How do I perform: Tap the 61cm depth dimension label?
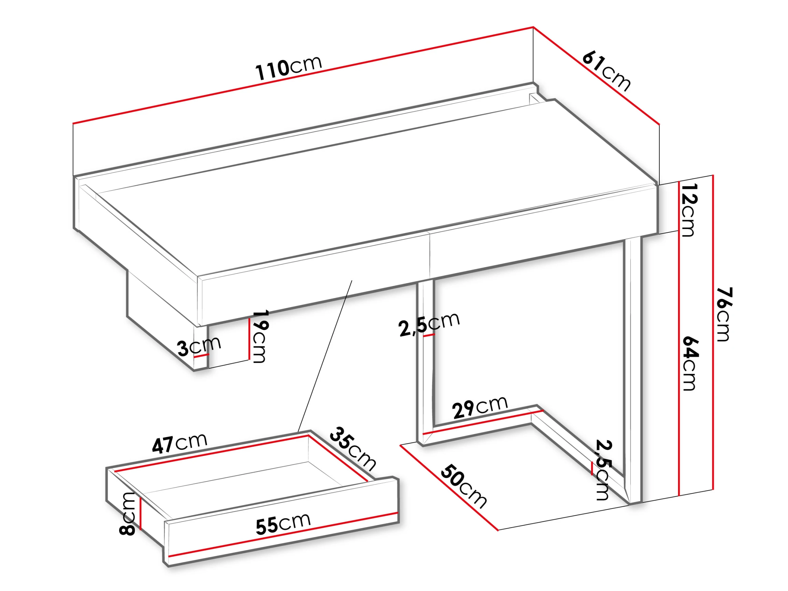point(606,71)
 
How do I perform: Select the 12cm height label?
point(688,210)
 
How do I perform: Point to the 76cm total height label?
point(723,314)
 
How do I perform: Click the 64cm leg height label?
point(690,363)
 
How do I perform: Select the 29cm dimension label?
point(480,406)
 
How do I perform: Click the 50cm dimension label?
point(463,486)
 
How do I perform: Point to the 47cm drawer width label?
point(180,443)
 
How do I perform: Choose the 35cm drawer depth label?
point(352,448)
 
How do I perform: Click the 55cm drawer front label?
point(283,524)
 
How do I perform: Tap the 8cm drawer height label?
point(127,513)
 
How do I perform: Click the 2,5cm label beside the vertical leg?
point(429,325)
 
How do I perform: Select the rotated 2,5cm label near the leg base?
point(603,470)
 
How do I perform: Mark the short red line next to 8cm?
point(141,513)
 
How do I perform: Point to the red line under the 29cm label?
point(483,422)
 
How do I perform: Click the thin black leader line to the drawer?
point(325,357)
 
